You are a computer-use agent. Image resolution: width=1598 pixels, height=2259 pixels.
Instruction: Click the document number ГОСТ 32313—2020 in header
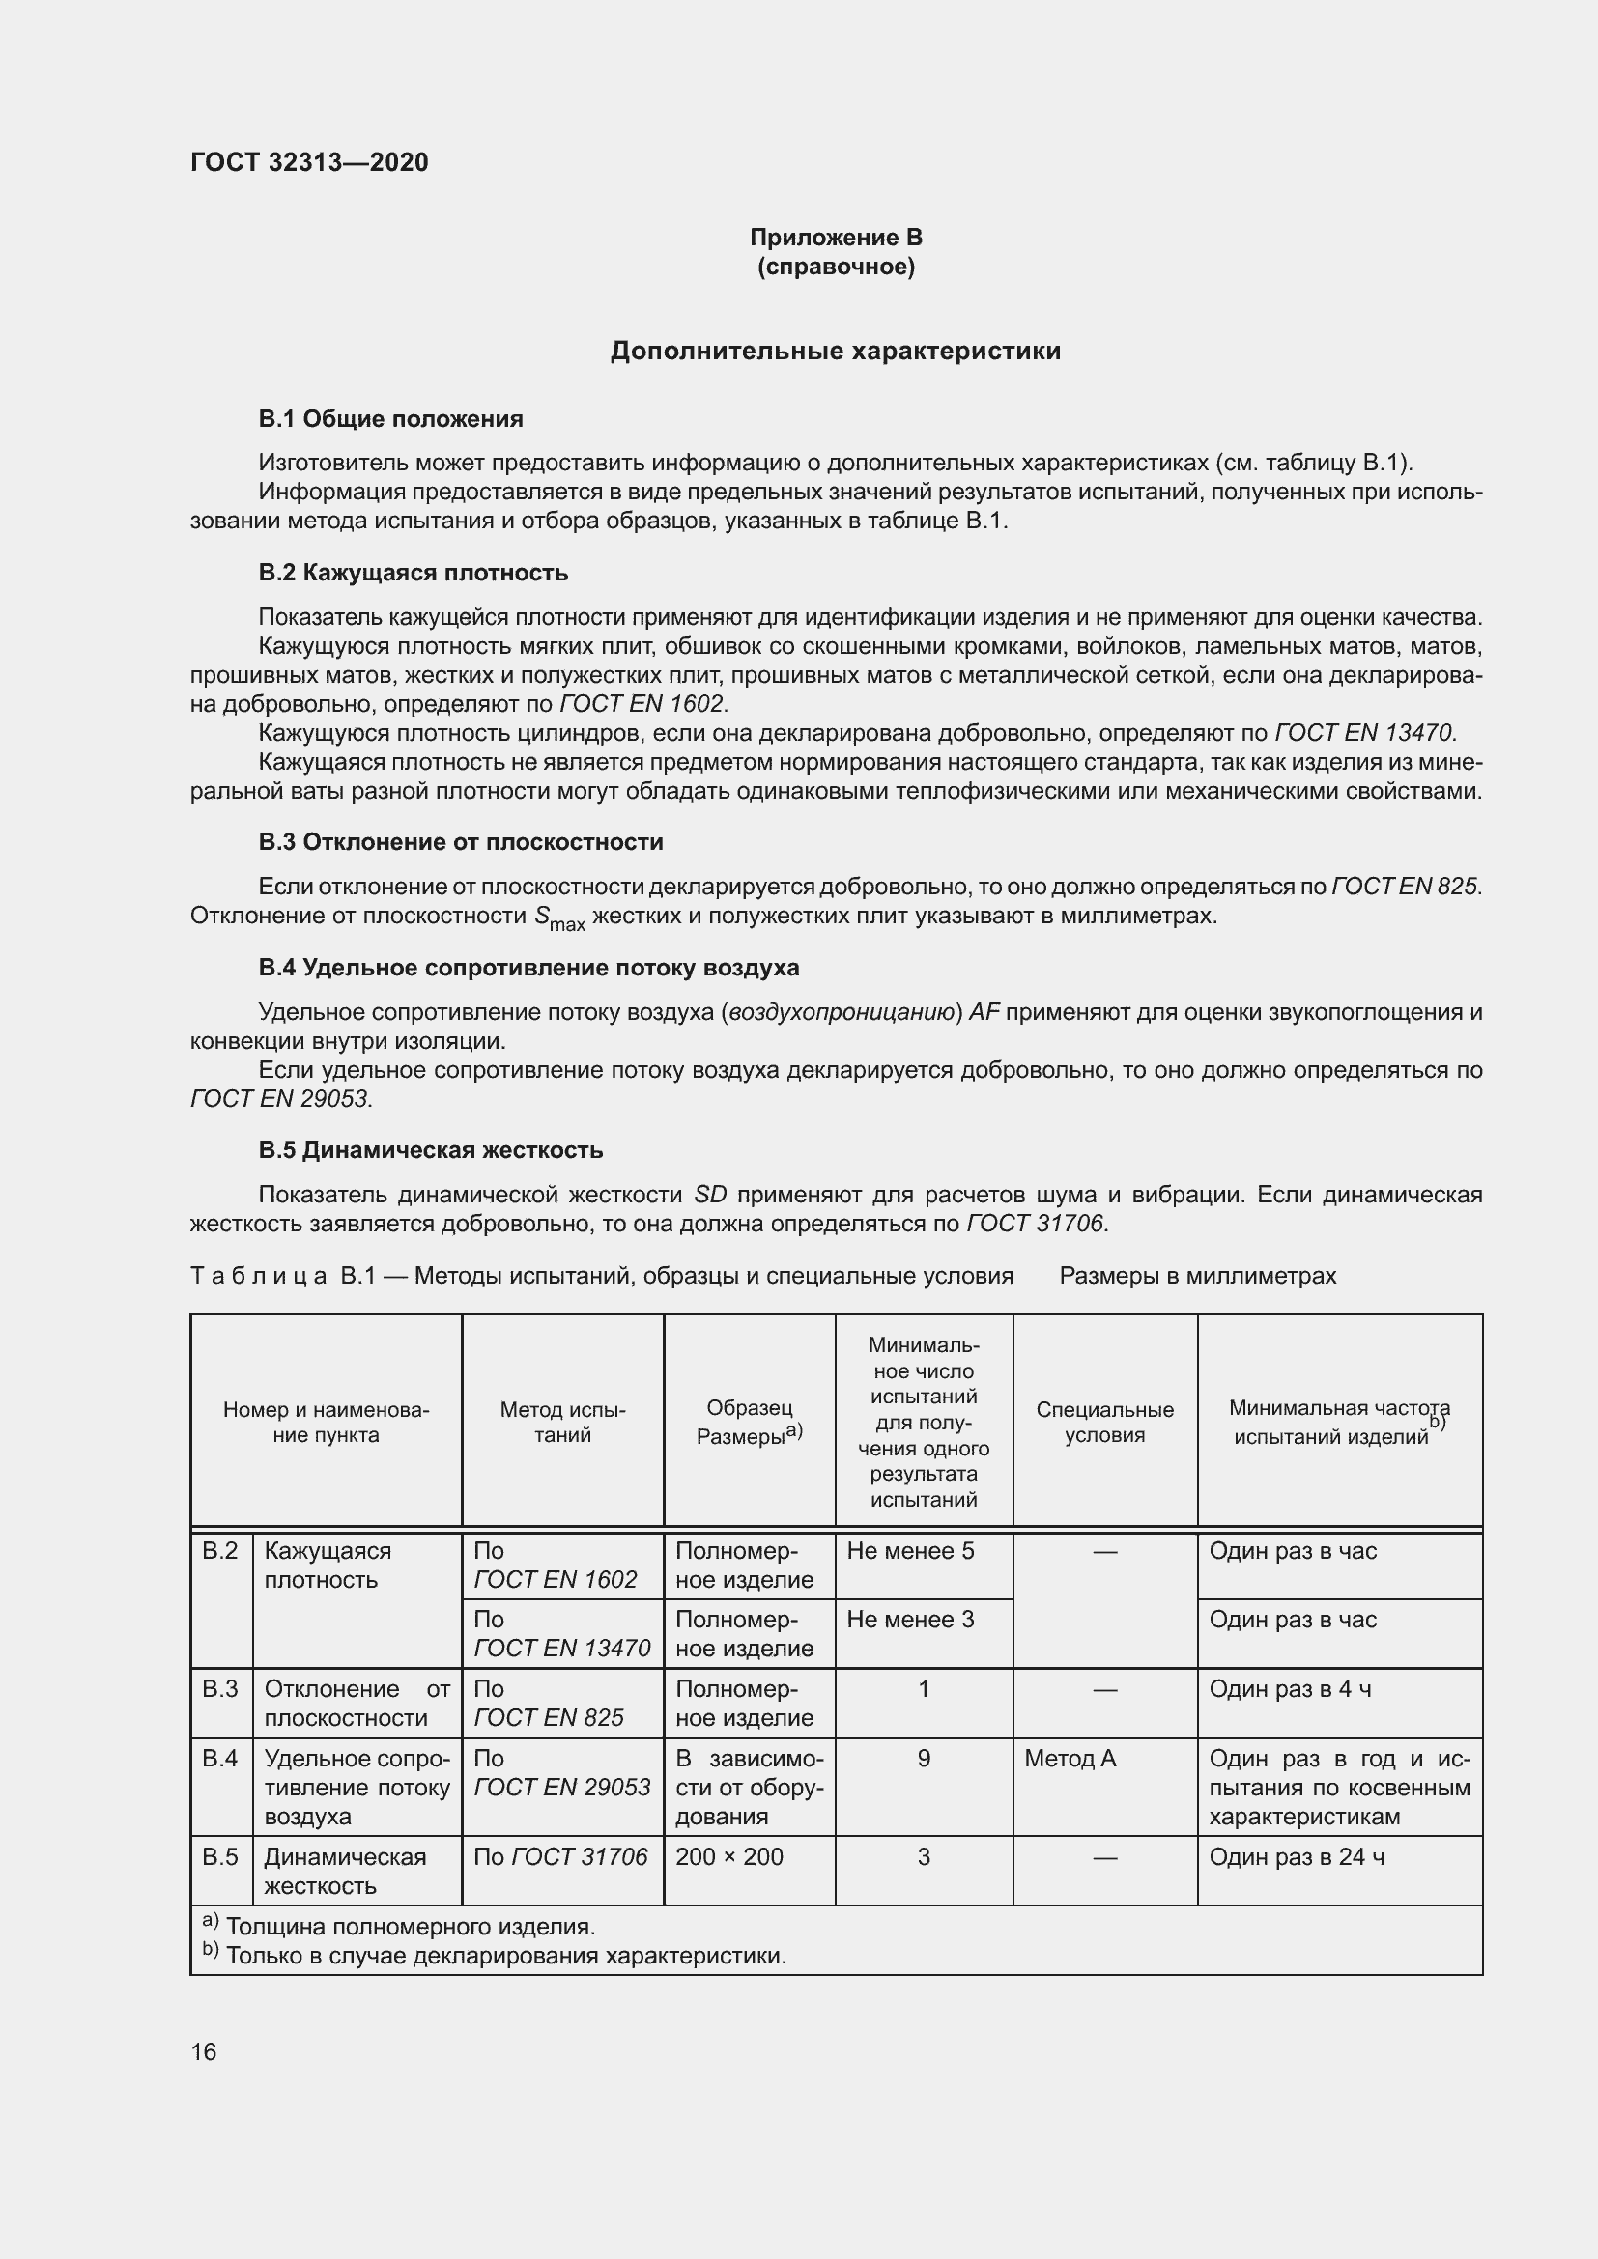coord(309,162)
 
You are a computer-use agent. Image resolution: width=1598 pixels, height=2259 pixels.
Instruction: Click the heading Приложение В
coord(836,238)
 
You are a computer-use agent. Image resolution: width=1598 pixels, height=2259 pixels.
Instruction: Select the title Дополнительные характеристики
coord(836,352)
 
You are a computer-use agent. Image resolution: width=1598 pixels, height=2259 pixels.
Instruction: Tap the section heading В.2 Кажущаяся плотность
coord(414,573)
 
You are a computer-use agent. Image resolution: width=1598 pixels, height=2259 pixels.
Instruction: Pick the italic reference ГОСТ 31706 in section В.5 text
coord(1036,1223)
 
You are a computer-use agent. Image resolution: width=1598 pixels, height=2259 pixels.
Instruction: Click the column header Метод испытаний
coord(562,1422)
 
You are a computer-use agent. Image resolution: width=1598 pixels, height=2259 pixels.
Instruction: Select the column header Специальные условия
coord(1104,1422)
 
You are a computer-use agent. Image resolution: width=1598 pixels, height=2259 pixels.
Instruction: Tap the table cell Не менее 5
coord(910,1552)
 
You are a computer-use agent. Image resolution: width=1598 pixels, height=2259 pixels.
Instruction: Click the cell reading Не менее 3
coord(910,1620)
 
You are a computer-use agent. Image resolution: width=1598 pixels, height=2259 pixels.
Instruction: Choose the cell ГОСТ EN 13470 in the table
coord(562,1648)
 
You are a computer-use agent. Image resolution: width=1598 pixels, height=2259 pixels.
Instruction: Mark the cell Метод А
coord(1070,1758)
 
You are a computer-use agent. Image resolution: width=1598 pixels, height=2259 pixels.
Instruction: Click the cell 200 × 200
coord(729,1856)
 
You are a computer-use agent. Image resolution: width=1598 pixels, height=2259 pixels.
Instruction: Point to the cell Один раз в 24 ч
coord(1296,1856)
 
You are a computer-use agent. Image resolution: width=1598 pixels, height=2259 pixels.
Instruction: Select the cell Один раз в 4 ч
coord(1290,1689)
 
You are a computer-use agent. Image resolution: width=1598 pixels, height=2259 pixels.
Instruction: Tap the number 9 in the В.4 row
coord(923,1758)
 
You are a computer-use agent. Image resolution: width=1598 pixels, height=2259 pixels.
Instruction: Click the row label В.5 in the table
coord(220,1856)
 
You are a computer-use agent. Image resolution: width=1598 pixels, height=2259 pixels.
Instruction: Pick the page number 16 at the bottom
coord(204,2052)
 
